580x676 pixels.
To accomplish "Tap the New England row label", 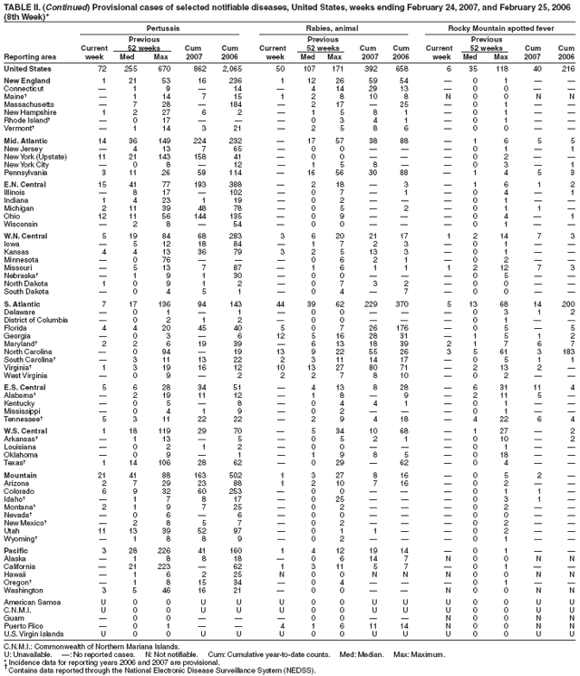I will [x=26, y=81].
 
